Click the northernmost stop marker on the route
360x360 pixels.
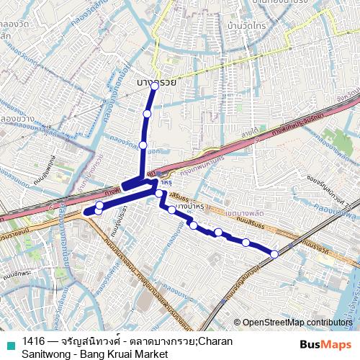click(x=154, y=85)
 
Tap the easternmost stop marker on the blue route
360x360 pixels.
click(x=274, y=253)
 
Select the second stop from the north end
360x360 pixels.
click(x=147, y=113)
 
